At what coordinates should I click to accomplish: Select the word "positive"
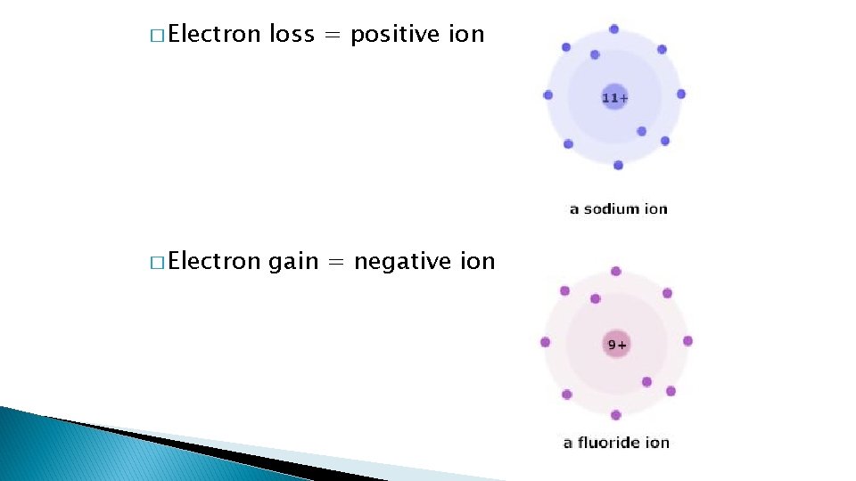[x=394, y=35]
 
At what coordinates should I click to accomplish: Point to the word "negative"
[x=395, y=262]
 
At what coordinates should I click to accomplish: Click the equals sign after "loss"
[x=333, y=36]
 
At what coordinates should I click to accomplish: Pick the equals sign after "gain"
[x=335, y=262]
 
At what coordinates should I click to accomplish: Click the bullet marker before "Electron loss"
[x=157, y=37]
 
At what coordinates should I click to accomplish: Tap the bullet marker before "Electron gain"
[x=157, y=263]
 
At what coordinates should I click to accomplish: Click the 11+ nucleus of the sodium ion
[x=615, y=97]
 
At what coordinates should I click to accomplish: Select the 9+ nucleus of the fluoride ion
[x=616, y=344]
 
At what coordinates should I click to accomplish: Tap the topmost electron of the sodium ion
[x=613, y=29]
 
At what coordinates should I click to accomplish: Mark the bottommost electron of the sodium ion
[x=618, y=165]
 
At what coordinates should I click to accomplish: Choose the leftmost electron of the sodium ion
[x=547, y=95]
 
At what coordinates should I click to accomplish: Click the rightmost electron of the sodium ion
[x=681, y=94]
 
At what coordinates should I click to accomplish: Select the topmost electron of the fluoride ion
[x=615, y=272]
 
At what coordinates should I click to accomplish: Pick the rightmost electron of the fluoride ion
[x=687, y=341]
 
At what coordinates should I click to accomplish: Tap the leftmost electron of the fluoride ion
[x=545, y=342]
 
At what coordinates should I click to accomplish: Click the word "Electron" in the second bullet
[x=214, y=262]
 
